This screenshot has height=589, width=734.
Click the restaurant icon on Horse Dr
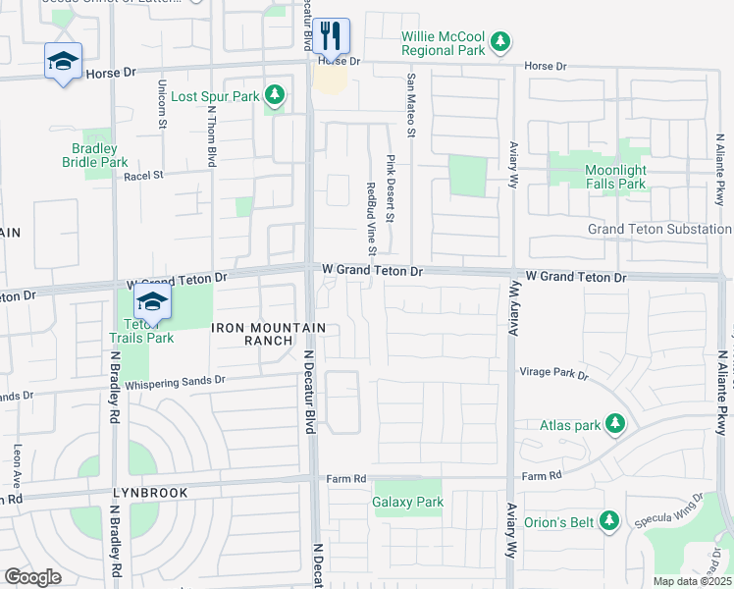(x=332, y=37)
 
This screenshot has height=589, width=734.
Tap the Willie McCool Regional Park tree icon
(x=501, y=41)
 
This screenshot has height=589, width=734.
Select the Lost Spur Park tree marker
(x=276, y=96)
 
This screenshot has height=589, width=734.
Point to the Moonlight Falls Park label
(x=615, y=177)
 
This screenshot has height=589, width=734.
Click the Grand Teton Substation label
(x=658, y=229)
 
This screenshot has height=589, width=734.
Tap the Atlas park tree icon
(x=615, y=424)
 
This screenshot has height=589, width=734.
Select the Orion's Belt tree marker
(x=609, y=520)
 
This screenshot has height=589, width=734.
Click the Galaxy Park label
(x=408, y=502)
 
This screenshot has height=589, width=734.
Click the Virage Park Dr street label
(x=552, y=375)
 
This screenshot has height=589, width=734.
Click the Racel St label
(x=142, y=176)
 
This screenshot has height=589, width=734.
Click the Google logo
(x=32, y=576)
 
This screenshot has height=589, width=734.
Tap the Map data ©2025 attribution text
(x=691, y=581)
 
